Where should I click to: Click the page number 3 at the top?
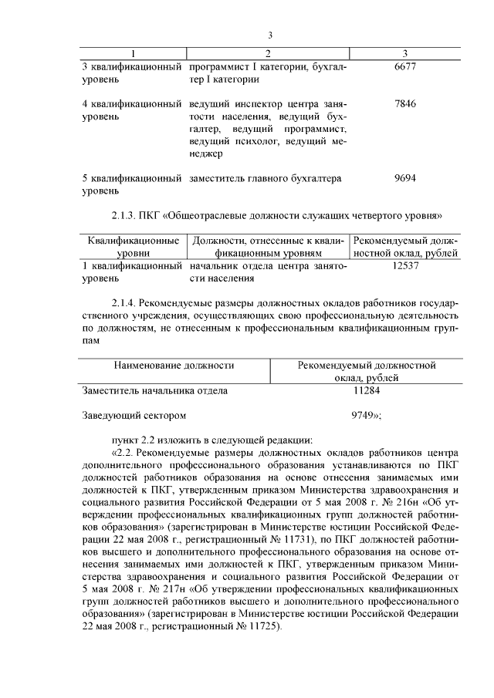click(x=271, y=35)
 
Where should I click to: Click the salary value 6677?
click(x=404, y=67)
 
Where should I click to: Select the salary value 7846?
click(x=404, y=103)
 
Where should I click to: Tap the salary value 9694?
click(x=404, y=177)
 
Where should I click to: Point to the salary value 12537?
click(x=404, y=265)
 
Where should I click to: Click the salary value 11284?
click(x=367, y=390)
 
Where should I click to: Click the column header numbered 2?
click(x=268, y=52)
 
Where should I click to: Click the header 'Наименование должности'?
click(x=174, y=365)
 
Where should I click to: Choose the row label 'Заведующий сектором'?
click(x=134, y=415)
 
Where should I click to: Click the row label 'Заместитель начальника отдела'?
click(x=155, y=390)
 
